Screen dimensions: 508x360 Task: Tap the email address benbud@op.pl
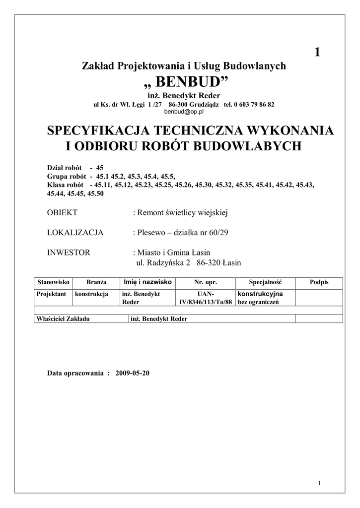[184, 112]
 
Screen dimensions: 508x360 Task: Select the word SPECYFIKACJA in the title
[98, 131]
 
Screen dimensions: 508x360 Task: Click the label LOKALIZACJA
[75, 232]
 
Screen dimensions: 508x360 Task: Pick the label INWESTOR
[69, 253]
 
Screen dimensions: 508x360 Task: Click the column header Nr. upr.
[206, 282]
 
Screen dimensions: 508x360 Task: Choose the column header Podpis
[319, 282]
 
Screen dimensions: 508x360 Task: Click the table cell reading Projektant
[52, 294]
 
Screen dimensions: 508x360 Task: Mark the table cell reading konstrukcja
[92, 294]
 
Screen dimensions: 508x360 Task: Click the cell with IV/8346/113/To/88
[206, 302]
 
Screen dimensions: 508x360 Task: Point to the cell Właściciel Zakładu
[63, 318]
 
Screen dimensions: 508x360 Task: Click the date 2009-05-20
[132, 373]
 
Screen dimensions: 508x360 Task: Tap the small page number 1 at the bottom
[318, 483]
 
